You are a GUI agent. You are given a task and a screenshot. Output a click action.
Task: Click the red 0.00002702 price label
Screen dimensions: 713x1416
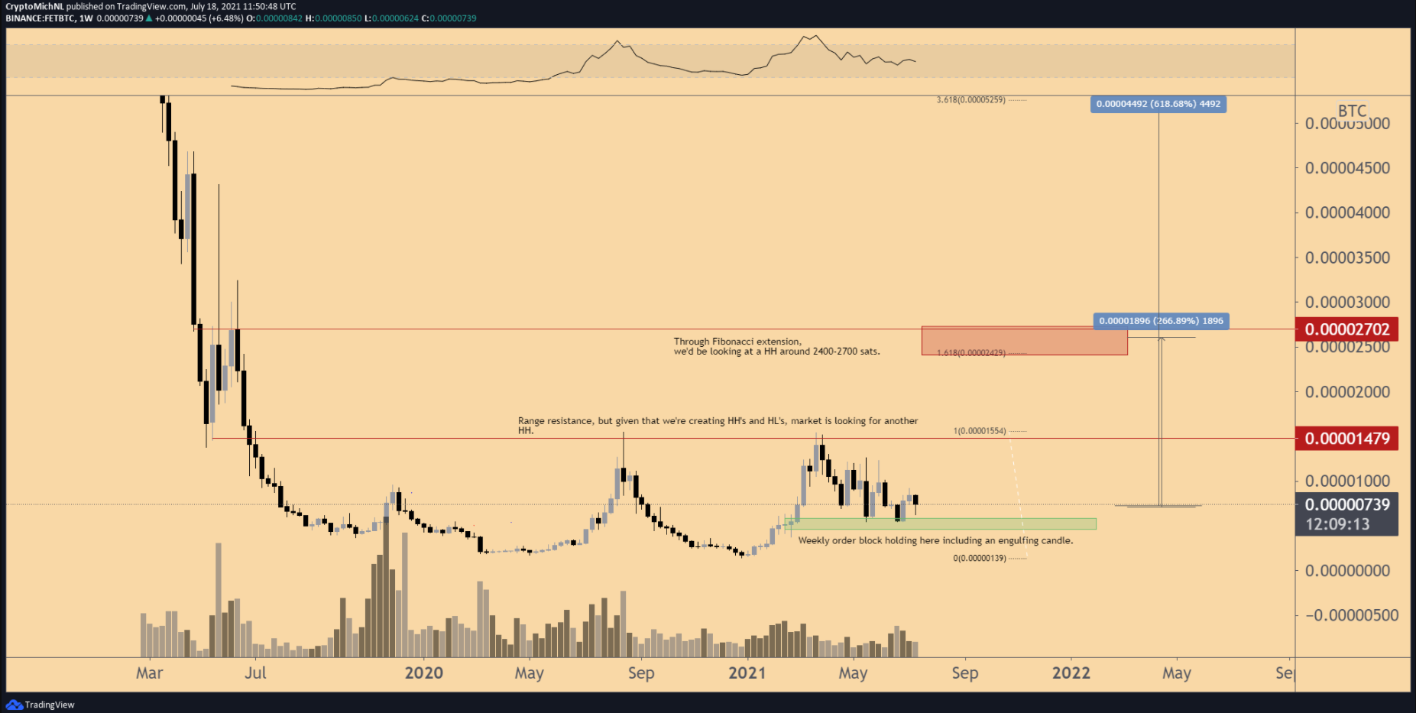coord(1346,329)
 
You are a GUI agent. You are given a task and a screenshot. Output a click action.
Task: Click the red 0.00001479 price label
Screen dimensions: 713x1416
coord(1346,439)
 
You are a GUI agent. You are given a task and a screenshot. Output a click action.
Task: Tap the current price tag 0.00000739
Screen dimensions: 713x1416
coord(1346,504)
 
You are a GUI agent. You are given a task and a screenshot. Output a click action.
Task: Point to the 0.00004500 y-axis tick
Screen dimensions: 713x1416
coord(1346,168)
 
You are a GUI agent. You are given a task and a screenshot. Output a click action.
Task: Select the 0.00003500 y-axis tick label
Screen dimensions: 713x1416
coord(1346,258)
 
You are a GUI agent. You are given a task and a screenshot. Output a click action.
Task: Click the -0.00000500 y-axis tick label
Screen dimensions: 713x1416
coord(1351,615)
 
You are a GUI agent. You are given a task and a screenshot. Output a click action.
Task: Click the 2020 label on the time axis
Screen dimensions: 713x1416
coord(423,672)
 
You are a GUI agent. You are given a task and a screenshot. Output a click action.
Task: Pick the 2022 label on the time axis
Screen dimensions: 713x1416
coord(1071,672)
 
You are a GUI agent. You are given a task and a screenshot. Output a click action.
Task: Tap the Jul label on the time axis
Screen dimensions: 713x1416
coord(255,672)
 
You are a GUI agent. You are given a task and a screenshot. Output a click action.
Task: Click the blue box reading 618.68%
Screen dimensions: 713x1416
coord(1158,104)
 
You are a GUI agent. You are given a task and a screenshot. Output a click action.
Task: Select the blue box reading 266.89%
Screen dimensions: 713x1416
coord(1161,321)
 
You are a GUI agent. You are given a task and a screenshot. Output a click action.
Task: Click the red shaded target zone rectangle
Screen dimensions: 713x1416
coord(1024,341)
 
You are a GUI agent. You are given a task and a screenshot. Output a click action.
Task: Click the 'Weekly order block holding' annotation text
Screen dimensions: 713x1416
coord(935,540)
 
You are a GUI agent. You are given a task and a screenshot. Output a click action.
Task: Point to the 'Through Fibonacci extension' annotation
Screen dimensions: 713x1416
coord(776,346)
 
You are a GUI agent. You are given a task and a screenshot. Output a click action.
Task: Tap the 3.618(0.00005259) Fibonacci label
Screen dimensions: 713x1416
coord(971,100)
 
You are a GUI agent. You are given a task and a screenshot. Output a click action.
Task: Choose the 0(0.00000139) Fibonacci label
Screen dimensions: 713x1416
coord(980,558)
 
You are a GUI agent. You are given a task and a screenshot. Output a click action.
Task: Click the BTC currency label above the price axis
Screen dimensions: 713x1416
coord(1351,111)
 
